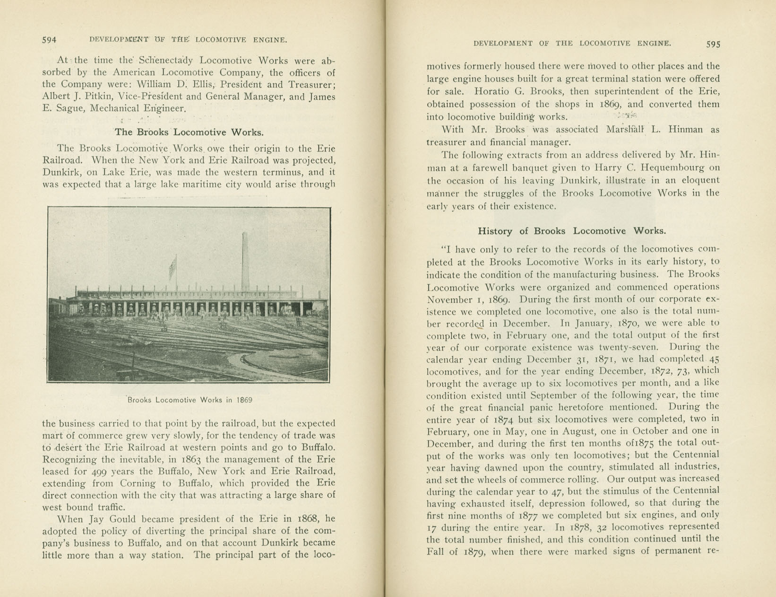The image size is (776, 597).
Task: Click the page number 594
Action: click(49, 40)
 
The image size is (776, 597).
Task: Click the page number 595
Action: click(713, 44)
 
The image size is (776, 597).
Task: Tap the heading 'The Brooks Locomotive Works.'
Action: click(189, 132)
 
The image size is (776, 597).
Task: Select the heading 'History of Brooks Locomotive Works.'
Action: click(572, 231)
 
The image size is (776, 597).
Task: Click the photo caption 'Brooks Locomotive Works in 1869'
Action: click(190, 400)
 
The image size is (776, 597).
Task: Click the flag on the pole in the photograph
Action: click(172, 267)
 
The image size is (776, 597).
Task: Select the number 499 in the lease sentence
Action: click(103, 471)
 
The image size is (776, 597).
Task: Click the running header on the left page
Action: click(188, 40)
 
